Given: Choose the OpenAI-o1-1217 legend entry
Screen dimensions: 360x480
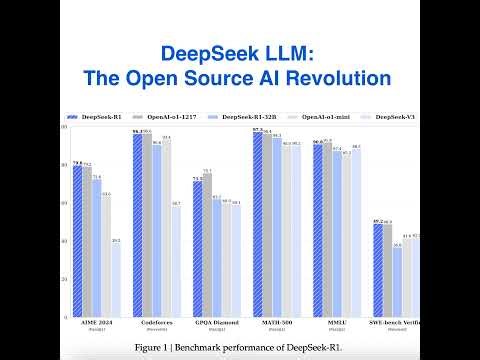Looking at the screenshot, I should pyautogui.click(x=178, y=118).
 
